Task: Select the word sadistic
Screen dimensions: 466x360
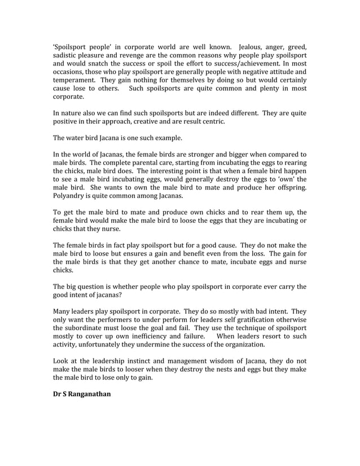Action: tap(67, 56)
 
